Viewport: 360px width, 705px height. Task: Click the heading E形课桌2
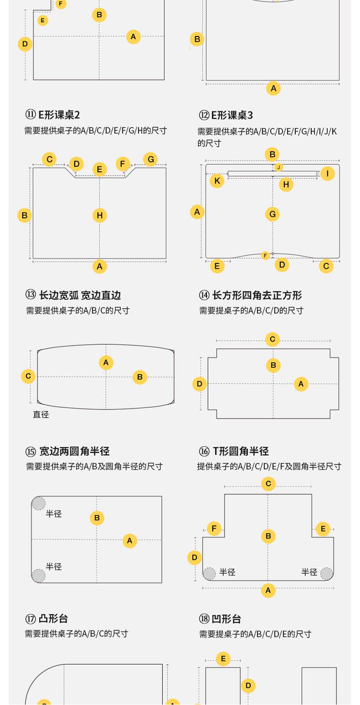tap(59, 115)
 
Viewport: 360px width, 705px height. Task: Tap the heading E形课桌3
tap(231, 115)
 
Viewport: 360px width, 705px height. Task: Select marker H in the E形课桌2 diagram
tap(100, 215)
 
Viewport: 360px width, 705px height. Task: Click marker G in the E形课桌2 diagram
tap(150, 159)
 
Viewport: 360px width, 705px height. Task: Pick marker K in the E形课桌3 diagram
tap(217, 181)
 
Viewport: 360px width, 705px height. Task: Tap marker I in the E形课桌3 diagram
tap(327, 173)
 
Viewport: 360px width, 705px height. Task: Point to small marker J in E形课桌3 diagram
tap(278, 167)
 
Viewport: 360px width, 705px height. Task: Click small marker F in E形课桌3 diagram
tap(265, 255)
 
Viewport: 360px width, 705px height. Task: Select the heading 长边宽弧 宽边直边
tap(80, 295)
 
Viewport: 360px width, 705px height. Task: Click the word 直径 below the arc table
tap(41, 414)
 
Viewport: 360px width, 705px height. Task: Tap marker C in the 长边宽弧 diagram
tap(28, 376)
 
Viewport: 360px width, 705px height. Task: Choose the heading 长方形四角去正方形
tap(257, 295)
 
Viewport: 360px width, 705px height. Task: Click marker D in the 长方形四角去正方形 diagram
tap(199, 384)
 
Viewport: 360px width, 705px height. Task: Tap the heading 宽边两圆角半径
tap(74, 451)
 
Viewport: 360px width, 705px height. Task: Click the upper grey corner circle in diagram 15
tap(38, 503)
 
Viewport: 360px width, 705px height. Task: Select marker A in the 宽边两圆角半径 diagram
tap(129, 540)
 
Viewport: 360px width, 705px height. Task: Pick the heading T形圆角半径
tap(241, 451)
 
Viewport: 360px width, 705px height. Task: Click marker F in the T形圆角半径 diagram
tap(214, 529)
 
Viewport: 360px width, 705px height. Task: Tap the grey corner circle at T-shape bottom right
tap(327, 574)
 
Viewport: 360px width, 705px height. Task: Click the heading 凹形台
tap(226, 619)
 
